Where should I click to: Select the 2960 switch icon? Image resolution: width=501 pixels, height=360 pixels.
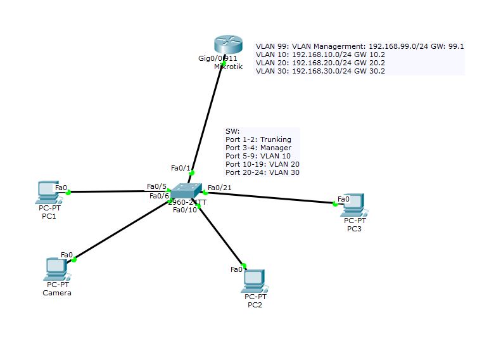click(187, 190)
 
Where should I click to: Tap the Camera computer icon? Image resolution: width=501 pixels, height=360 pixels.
click(56, 269)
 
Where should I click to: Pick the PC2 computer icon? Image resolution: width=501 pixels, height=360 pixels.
click(255, 280)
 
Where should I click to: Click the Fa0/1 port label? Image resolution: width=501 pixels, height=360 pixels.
click(181, 168)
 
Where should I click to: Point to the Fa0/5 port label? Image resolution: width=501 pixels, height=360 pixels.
click(156, 186)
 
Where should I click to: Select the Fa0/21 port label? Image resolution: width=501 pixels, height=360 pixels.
click(219, 187)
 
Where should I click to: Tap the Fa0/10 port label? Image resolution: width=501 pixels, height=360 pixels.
click(186, 210)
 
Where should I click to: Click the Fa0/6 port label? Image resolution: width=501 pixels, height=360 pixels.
click(159, 196)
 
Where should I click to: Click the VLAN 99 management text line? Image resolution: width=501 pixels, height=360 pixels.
click(360, 46)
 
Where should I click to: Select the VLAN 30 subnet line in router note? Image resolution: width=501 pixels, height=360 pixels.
click(320, 71)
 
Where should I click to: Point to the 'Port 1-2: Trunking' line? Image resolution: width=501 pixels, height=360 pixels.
click(258, 139)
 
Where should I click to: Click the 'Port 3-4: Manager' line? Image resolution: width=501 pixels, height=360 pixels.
click(258, 148)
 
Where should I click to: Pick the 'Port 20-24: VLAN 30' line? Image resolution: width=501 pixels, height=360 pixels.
click(262, 172)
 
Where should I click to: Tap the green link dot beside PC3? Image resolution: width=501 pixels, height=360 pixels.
click(335, 203)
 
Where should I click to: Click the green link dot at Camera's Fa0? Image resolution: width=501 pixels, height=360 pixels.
click(74, 259)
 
